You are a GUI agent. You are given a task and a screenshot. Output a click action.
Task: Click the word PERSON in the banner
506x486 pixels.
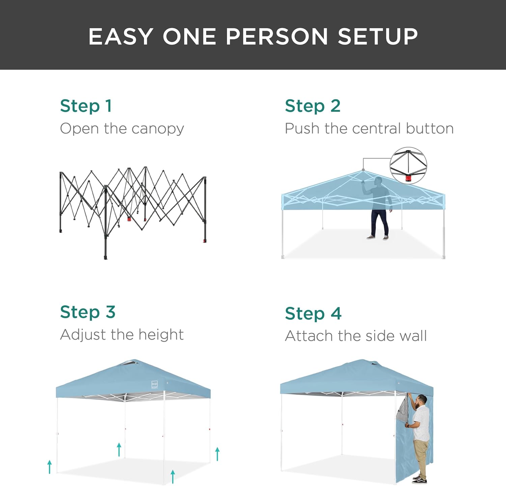(x=277, y=36)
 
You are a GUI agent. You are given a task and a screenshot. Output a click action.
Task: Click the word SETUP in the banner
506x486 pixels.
(x=378, y=36)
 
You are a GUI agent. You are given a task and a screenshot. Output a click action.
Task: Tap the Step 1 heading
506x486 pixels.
(x=86, y=106)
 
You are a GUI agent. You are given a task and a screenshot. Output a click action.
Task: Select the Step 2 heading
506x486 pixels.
(x=313, y=106)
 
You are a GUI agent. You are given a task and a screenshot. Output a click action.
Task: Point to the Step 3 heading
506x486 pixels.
(x=88, y=312)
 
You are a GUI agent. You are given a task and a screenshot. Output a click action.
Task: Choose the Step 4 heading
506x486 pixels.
(x=313, y=313)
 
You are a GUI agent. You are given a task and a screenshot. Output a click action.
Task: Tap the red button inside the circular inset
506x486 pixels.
(x=408, y=178)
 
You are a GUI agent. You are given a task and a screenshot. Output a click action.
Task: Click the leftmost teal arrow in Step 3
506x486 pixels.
(x=50, y=467)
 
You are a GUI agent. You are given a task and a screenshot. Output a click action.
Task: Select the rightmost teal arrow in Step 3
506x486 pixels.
(x=218, y=454)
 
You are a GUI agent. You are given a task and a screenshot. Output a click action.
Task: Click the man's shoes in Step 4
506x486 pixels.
(x=420, y=479)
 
